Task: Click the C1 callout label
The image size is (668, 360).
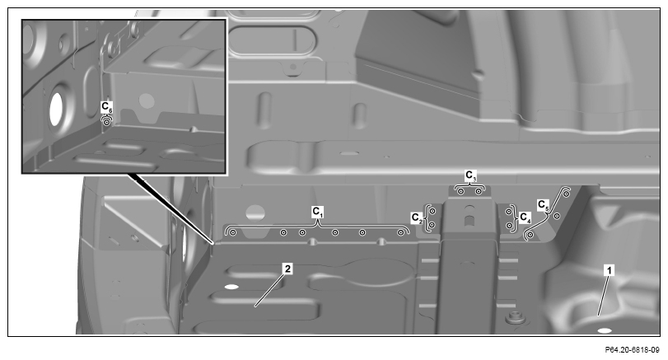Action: pyautogui.click(x=318, y=212)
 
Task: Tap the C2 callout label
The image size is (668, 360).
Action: pyautogui.click(x=417, y=218)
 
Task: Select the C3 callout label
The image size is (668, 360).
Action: pyautogui.click(x=470, y=175)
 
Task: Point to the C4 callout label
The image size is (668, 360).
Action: pyautogui.click(x=526, y=218)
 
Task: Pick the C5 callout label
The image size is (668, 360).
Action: pyautogui.click(x=543, y=205)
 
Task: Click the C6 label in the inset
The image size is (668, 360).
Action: pyautogui.click(x=107, y=106)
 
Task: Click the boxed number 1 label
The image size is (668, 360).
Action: pyautogui.click(x=610, y=270)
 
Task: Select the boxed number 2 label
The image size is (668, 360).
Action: pyautogui.click(x=288, y=269)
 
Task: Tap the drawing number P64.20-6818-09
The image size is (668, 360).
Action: pyautogui.click(x=633, y=350)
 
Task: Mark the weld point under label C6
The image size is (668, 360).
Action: pyautogui.click(x=106, y=122)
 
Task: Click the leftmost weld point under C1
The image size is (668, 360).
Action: pyautogui.click(x=232, y=232)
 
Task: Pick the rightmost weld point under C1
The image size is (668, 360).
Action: pyautogui.click(x=400, y=232)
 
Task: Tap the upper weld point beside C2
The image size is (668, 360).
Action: pyautogui.click(x=432, y=211)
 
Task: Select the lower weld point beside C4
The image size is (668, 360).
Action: pyautogui.click(x=509, y=225)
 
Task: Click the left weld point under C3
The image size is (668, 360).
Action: pyautogui.click(x=461, y=192)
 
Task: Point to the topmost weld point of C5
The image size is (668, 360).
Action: pyautogui.click(x=566, y=194)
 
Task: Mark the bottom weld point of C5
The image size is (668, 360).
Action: pyautogui.click(x=530, y=235)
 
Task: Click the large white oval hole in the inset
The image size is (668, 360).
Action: pyautogui.click(x=56, y=109)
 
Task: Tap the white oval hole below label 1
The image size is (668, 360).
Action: pyautogui.click(x=605, y=330)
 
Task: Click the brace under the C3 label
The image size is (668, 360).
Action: pyautogui.click(x=469, y=185)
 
